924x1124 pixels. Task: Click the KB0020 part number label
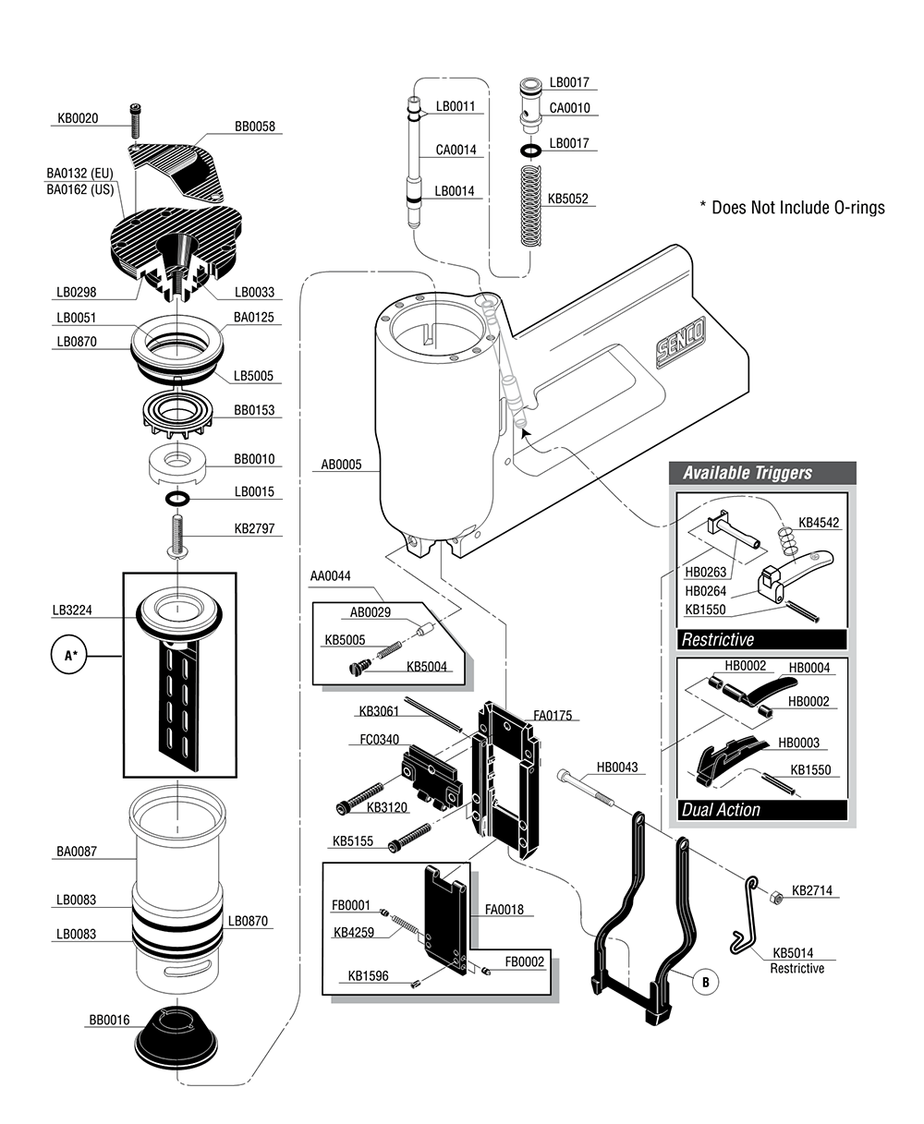pos(77,118)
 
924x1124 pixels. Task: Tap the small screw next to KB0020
pos(136,119)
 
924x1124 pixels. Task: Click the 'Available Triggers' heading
pos(747,473)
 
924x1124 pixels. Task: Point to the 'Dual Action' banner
pos(721,810)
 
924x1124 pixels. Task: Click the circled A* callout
pos(69,656)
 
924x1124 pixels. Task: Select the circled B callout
pos(705,982)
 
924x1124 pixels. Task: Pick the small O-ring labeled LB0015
pos(178,500)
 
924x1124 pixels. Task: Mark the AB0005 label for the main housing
pos(341,465)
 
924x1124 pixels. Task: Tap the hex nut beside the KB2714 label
pos(777,896)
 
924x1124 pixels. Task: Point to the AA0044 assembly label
pos(330,576)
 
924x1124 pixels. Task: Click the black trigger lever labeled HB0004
pos(766,686)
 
